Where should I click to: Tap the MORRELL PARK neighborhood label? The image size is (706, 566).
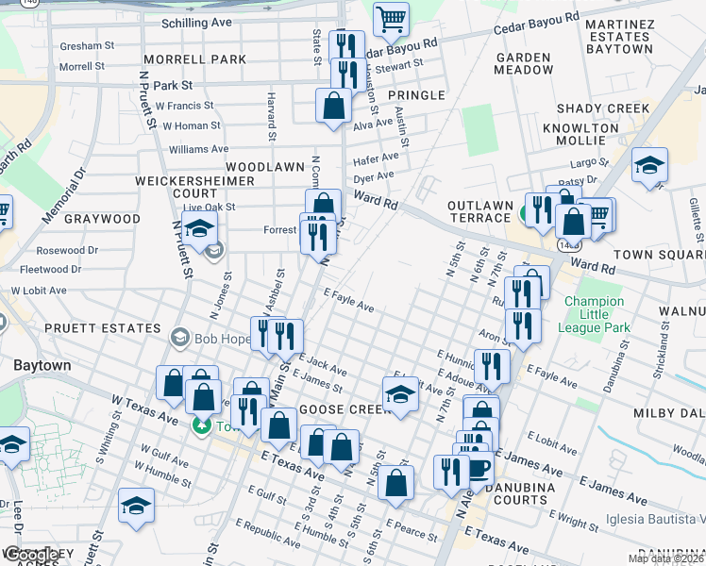202,59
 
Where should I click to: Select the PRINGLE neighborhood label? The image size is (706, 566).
414,95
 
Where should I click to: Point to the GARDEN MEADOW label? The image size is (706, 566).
523,63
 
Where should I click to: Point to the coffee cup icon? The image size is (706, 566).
478,470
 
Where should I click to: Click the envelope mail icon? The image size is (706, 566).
214,250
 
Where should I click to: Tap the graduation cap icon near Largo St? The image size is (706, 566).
649,169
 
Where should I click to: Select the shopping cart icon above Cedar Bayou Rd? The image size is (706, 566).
391,18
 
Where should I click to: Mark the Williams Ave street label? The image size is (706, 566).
198,149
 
